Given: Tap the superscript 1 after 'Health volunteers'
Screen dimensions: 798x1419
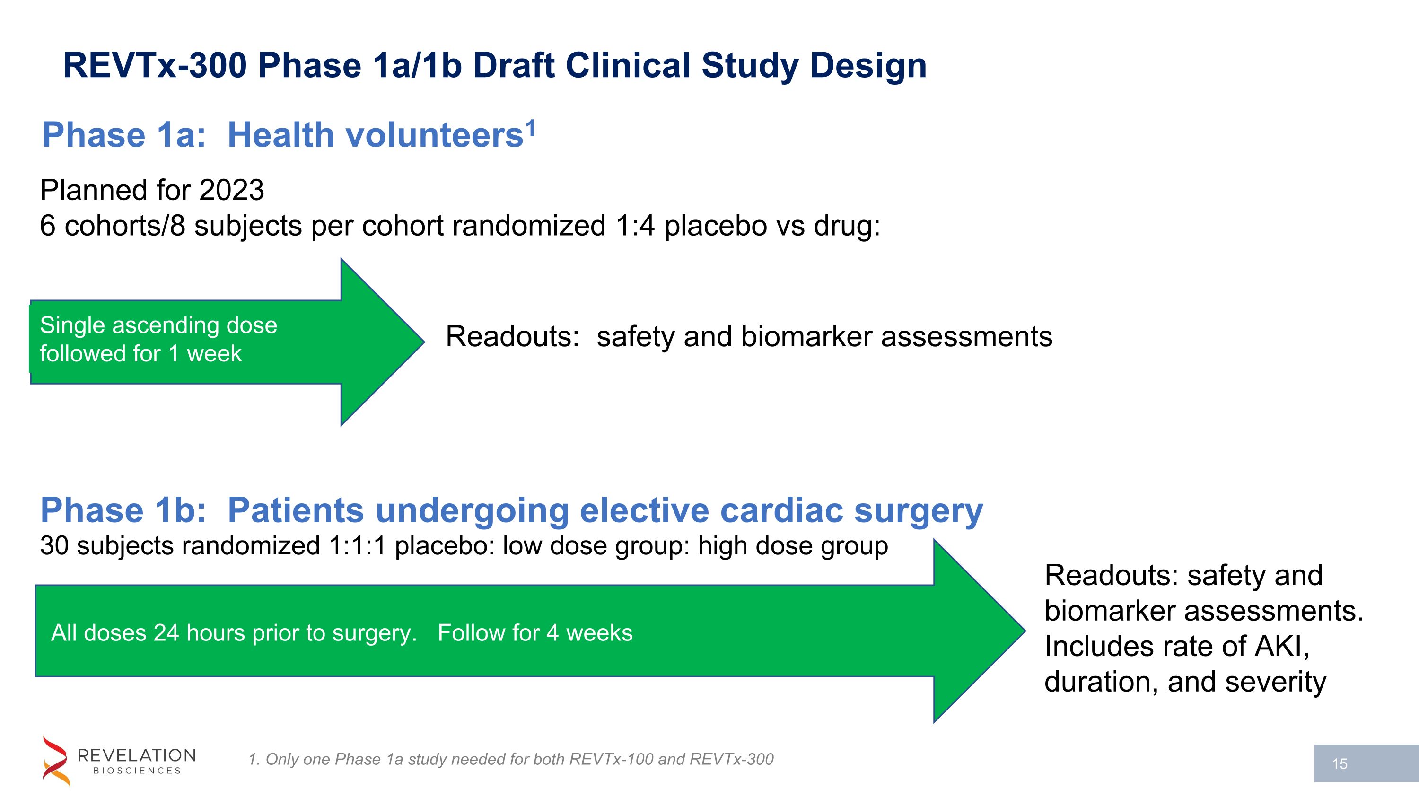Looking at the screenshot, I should [530, 129].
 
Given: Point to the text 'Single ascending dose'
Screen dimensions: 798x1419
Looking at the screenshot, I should [158, 325].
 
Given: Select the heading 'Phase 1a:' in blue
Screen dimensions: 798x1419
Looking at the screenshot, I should [124, 135].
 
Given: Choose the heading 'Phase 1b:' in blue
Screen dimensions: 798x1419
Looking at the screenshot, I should [123, 510].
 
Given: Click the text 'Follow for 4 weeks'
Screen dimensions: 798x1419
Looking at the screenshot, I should [534, 633].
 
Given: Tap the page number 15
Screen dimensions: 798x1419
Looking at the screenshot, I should [1340, 764].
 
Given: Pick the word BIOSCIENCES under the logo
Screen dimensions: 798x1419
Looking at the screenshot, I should [137, 771].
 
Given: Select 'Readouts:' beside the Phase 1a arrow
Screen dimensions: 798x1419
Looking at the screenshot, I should [512, 337].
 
